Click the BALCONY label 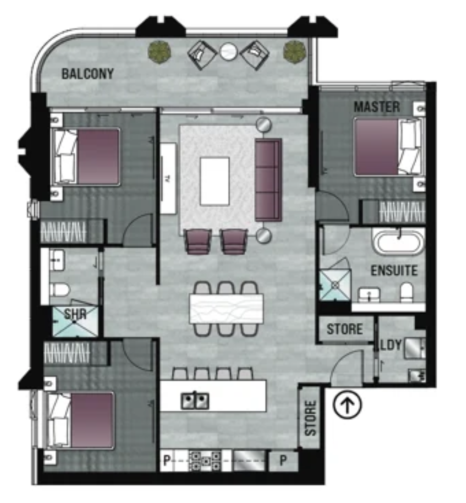point(88,74)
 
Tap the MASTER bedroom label point(377,107)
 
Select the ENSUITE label point(394,270)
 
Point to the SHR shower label point(75,314)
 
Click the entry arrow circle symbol point(347,404)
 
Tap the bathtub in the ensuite point(398,241)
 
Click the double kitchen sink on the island point(195,401)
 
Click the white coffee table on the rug point(215,181)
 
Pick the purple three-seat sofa point(268,180)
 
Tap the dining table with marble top point(226,309)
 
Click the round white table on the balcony point(228,51)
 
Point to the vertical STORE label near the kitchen point(310,418)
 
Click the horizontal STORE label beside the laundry point(345,329)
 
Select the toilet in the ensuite point(407,292)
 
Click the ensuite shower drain point(335,285)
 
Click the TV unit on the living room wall point(168,178)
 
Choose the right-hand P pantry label point(283,460)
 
